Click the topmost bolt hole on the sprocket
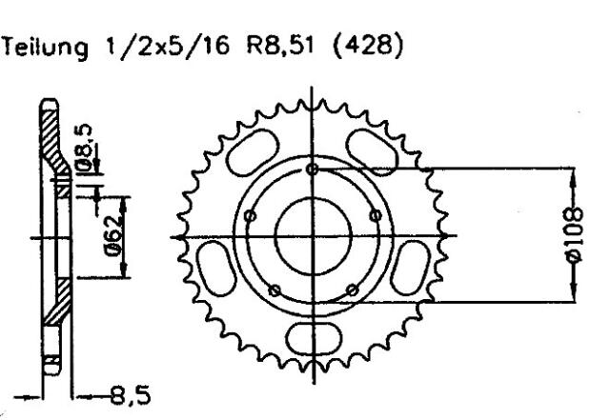click(312, 170)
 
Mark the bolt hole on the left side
click(249, 215)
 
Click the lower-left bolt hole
click(274, 290)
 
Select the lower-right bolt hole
click(351, 290)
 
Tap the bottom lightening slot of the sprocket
click(312, 336)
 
